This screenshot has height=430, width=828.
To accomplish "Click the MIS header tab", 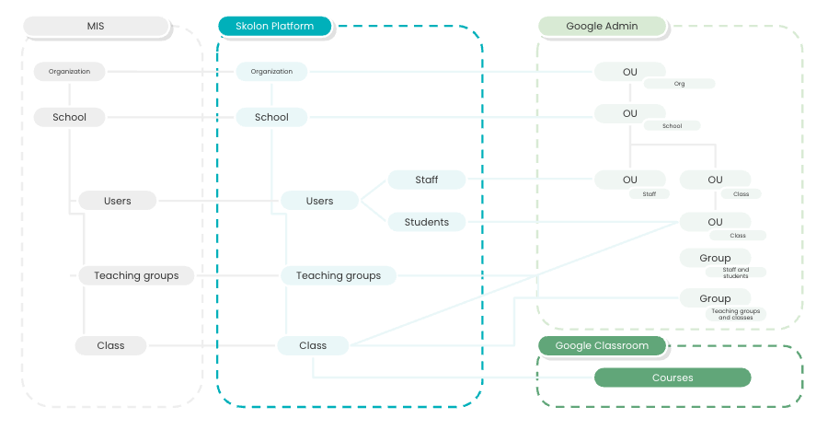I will (97, 27).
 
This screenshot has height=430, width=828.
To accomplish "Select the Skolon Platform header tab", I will (273, 27).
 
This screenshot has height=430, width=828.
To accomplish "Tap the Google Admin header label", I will (602, 27).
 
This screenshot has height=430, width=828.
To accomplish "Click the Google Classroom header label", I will (602, 346).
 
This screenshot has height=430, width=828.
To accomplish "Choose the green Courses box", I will (673, 378).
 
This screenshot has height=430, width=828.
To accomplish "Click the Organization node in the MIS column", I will (69, 71).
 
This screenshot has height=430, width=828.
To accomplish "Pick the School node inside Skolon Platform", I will (271, 117).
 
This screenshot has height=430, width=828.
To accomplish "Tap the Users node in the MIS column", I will (118, 201).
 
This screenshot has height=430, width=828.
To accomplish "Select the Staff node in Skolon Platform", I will (427, 180).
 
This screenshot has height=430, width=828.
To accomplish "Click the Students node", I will (427, 222).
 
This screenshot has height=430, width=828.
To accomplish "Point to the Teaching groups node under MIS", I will (136, 275).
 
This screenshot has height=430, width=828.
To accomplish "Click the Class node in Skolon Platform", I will (313, 345).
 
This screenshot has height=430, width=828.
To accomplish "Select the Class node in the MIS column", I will (110, 345).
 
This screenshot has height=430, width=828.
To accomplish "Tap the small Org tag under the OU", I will (679, 84).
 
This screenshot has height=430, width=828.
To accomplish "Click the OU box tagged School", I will (629, 113).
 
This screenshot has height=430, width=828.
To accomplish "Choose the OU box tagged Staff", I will (629, 180).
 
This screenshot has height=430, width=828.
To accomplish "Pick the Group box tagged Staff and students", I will (715, 258).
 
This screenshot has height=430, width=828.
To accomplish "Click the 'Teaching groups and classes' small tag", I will (736, 314).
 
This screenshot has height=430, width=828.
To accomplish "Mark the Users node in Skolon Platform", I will (319, 201).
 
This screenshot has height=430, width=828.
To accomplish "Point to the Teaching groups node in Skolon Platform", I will (339, 275).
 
